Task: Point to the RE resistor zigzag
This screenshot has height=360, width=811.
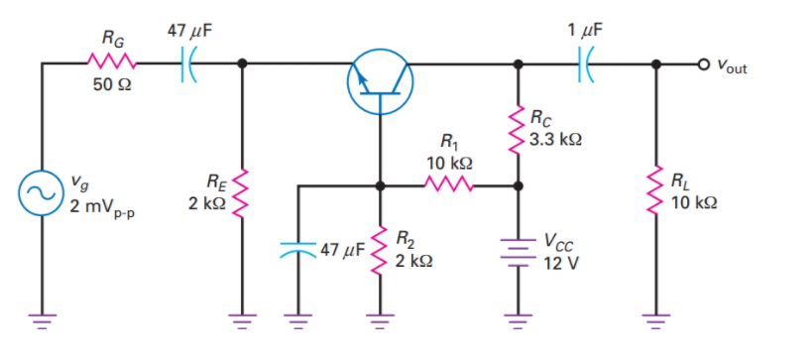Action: (242, 191)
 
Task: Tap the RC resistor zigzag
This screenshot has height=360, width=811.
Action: (517, 128)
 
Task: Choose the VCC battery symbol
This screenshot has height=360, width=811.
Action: (517, 249)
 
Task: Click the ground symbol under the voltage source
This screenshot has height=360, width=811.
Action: (43, 318)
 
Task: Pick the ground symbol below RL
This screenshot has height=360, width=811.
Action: (655, 318)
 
